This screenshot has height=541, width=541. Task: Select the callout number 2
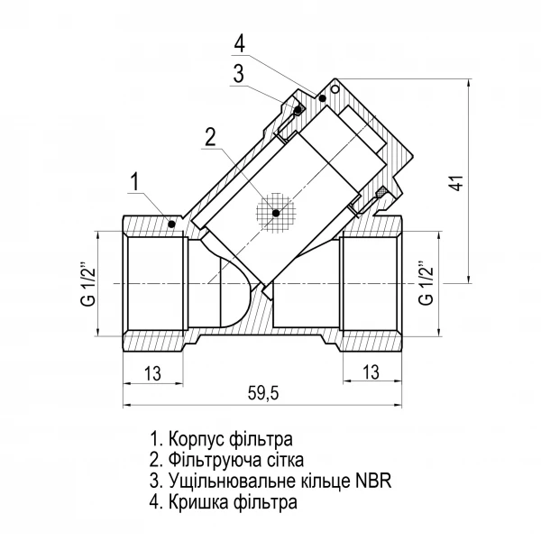(x=211, y=137)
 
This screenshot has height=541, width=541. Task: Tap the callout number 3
(x=238, y=75)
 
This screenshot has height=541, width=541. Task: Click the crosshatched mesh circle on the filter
(x=277, y=213)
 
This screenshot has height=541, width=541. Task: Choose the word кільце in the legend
(x=323, y=481)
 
